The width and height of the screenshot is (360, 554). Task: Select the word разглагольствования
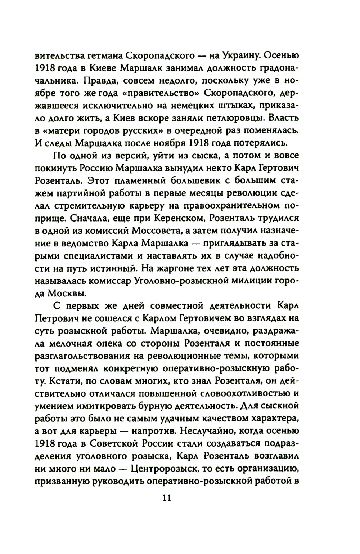point(82,356)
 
